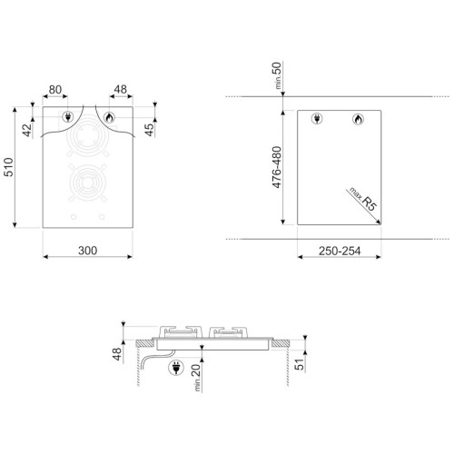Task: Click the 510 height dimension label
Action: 8,167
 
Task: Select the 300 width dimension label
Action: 88,251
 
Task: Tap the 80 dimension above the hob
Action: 55,90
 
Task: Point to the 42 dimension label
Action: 27,130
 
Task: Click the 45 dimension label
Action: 149,130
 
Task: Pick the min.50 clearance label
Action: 277,75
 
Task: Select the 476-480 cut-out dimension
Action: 277,167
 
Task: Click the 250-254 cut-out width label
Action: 340,251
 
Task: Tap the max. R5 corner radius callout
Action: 363,199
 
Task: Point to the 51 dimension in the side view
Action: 299,364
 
